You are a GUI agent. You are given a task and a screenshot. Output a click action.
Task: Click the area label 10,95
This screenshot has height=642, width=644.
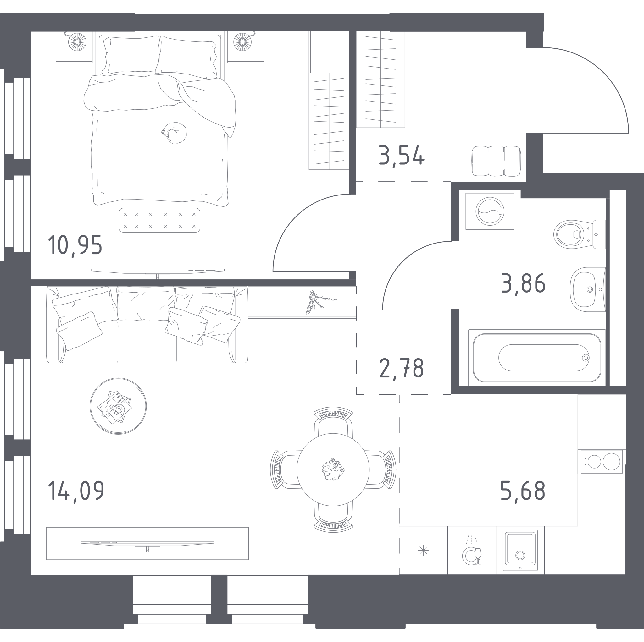click(x=75, y=245)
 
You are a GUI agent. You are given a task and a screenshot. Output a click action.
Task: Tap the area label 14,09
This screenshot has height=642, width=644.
click(x=76, y=491)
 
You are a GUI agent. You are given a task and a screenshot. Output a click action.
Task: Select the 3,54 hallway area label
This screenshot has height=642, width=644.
click(x=402, y=156)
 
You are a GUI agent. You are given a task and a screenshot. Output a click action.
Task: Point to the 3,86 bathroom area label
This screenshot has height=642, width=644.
click(x=523, y=284)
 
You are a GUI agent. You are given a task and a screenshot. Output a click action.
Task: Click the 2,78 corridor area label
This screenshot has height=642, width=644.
click(x=401, y=369)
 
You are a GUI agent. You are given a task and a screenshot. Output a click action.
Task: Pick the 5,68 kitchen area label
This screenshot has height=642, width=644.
click(x=523, y=491)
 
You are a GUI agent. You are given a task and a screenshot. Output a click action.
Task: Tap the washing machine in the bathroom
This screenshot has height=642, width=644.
click(x=490, y=211)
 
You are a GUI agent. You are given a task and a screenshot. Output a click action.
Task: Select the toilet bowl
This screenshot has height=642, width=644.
click(x=579, y=234)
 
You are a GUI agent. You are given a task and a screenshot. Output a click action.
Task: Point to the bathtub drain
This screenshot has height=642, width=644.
click(x=586, y=358)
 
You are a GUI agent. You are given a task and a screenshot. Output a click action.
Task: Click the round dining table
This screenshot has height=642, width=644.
click(x=333, y=469)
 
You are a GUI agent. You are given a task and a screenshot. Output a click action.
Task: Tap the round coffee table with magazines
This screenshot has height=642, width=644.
click(x=118, y=406)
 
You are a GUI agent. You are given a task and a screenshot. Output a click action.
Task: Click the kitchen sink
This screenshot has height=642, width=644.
click(x=520, y=550)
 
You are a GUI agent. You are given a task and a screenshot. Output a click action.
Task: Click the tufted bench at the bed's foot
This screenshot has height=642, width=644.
click(x=160, y=220)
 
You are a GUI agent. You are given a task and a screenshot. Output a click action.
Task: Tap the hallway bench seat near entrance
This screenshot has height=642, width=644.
click(x=496, y=161)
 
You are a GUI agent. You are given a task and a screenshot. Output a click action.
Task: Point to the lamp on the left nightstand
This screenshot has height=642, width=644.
click(x=77, y=42)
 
